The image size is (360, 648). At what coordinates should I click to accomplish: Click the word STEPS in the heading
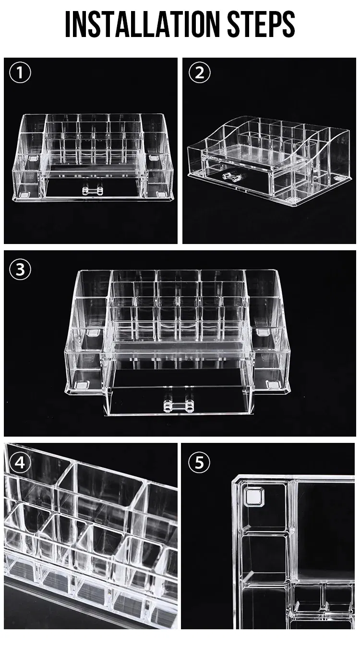pos(261,24)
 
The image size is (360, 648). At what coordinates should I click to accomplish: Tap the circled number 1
pos(20,73)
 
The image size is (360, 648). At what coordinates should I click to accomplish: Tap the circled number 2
pos(200,73)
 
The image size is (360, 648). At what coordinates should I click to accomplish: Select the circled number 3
pos(20,269)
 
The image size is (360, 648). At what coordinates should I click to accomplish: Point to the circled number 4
pos(20,463)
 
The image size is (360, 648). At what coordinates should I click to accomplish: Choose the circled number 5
pos(199,462)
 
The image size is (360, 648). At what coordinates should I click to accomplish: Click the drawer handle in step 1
pos(93,190)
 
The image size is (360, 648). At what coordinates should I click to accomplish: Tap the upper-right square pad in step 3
pos(263,332)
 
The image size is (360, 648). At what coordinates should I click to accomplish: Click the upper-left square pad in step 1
pos(34,158)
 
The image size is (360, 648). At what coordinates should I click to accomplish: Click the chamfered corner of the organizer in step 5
pos(237,480)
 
